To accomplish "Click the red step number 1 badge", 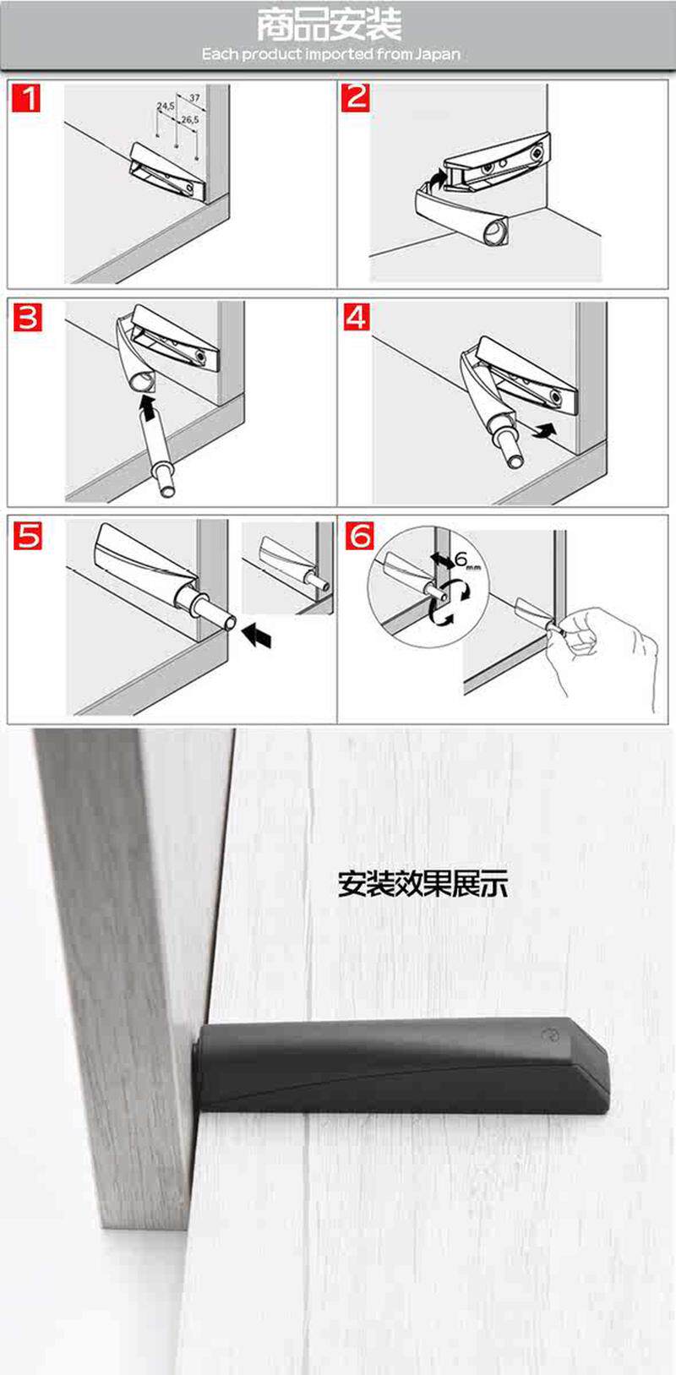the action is point(26,98).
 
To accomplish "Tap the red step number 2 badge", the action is point(356,97).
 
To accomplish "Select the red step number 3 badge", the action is point(27,318).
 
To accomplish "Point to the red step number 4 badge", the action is point(357,317).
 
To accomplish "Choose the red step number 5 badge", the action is point(28,535).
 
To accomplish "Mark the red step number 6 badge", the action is point(358,535).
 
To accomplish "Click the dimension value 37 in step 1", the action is point(194,97).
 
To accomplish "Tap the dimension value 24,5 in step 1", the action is point(165,106).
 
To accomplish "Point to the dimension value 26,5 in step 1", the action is point(190,119).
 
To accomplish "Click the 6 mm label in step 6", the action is point(467,560).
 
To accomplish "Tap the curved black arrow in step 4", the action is point(545,430).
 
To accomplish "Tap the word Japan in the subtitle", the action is point(437,54).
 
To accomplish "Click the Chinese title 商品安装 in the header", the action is point(329,25).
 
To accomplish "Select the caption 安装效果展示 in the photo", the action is point(422,884).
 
